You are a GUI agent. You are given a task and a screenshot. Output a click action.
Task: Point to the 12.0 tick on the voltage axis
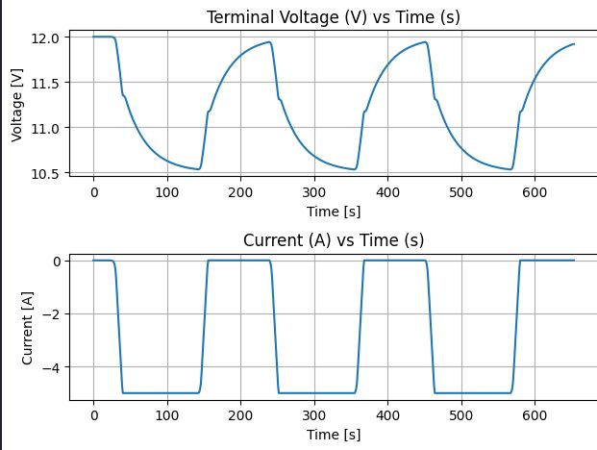[x=50, y=37]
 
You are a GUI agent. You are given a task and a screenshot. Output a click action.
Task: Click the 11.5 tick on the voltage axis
[x=50, y=83]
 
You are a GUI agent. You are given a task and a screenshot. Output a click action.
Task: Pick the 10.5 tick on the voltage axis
[x=50, y=173]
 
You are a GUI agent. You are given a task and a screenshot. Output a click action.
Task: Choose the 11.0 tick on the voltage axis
[x=50, y=128]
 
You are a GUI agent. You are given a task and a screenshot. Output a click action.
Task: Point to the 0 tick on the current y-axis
[x=60, y=261]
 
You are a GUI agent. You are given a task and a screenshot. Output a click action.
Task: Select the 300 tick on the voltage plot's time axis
[x=314, y=192]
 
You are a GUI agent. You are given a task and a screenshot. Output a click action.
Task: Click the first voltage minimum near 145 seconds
[x=199, y=169]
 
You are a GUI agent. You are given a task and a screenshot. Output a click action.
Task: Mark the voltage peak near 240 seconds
[x=270, y=42]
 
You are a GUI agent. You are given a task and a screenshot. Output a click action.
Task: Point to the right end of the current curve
[x=574, y=261]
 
